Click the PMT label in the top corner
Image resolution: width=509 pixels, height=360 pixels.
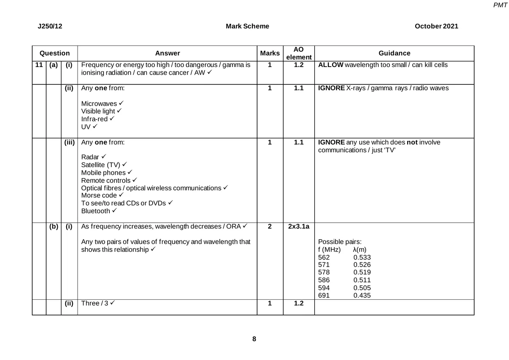point(501,5)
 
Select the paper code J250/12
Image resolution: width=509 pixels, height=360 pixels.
point(50,26)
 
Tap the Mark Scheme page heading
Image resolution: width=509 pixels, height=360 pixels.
point(247,26)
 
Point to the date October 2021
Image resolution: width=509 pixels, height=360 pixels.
point(436,26)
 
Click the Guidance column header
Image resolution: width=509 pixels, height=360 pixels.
point(394,53)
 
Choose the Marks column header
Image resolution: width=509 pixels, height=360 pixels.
point(270,53)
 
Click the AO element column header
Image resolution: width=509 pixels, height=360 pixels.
point(299,53)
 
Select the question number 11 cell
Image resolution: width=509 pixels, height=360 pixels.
point(39,65)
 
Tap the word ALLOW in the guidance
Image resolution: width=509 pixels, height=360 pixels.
point(330,65)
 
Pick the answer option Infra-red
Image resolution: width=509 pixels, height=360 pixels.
point(94,119)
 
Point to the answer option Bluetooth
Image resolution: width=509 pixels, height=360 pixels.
point(95,211)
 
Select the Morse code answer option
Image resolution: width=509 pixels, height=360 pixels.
point(99,195)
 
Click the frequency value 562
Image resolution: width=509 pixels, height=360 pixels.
point(324,257)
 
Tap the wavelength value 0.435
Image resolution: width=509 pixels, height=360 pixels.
point(362,296)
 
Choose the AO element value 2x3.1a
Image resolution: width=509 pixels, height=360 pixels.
point(299,227)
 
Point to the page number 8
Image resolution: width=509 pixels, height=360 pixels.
point(254,339)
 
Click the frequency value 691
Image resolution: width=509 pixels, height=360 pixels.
point(324,296)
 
